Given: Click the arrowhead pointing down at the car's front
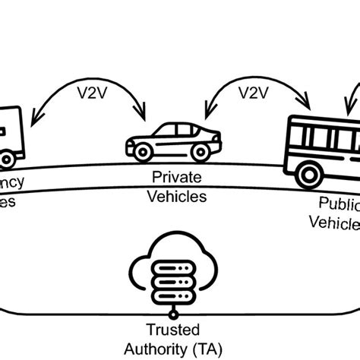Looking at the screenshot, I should [x=142, y=114].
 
